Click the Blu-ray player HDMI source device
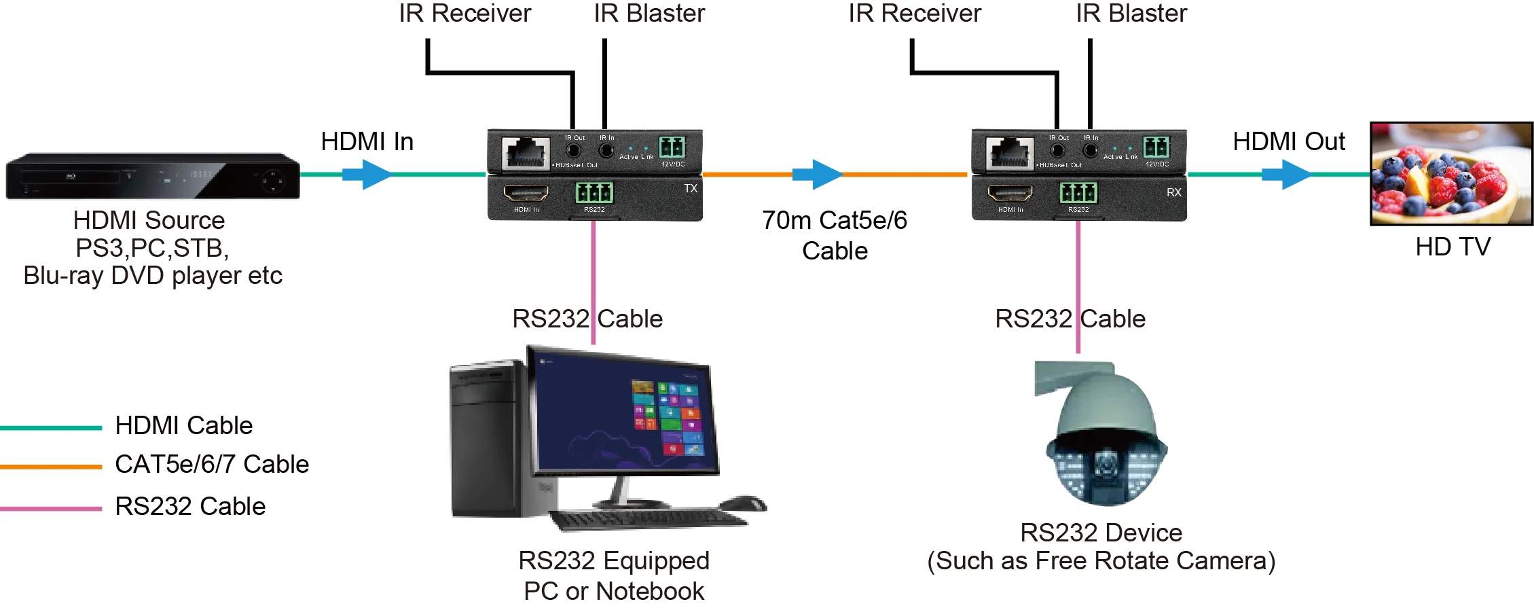tap(153, 176)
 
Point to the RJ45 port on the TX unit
tap(526, 153)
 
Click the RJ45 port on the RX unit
tap(1009, 153)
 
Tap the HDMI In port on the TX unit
tap(526, 194)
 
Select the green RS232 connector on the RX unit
tap(1078, 193)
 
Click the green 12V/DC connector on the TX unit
tap(672, 147)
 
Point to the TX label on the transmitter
tap(691, 188)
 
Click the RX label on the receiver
tap(1173, 192)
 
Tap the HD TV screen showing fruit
tap(1451, 174)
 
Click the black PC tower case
tap(488, 442)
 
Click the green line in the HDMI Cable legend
tap(51, 428)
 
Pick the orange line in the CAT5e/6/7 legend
tap(51, 467)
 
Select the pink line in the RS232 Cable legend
tap(51, 508)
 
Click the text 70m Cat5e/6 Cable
tap(835, 235)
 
